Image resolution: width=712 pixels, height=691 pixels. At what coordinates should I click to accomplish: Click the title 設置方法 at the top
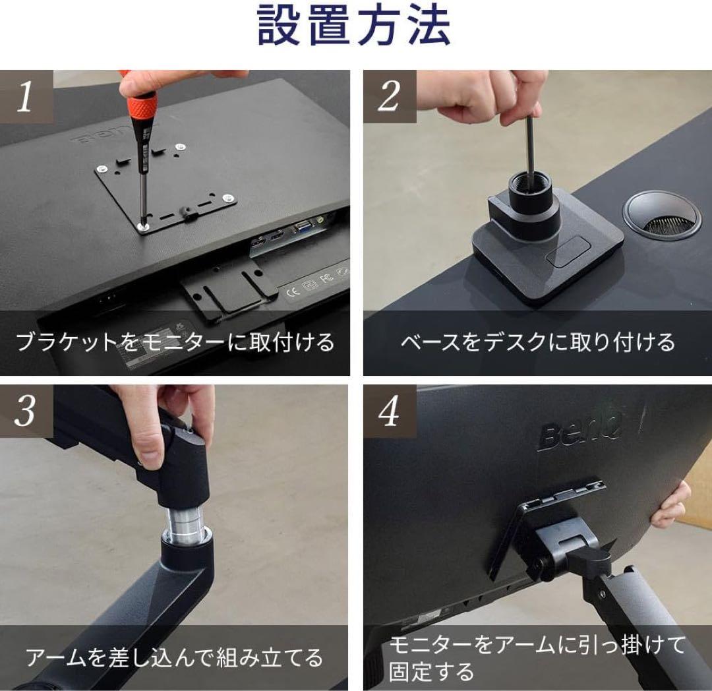pos(354,26)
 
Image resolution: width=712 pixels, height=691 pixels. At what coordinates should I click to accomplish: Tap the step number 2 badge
pos(389,97)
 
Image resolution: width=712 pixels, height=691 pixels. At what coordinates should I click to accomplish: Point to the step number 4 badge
pos(389,412)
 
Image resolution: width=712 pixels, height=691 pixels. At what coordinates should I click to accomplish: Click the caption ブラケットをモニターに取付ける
pos(175,342)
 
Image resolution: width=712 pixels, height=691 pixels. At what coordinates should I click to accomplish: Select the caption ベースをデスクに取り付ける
pos(537,342)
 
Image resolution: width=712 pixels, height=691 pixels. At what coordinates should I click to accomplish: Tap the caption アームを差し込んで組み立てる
pos(175,657)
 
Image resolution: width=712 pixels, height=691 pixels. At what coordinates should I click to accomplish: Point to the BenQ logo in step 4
pos(580,432)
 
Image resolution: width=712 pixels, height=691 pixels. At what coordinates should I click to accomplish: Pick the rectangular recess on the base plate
pos(568,253)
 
